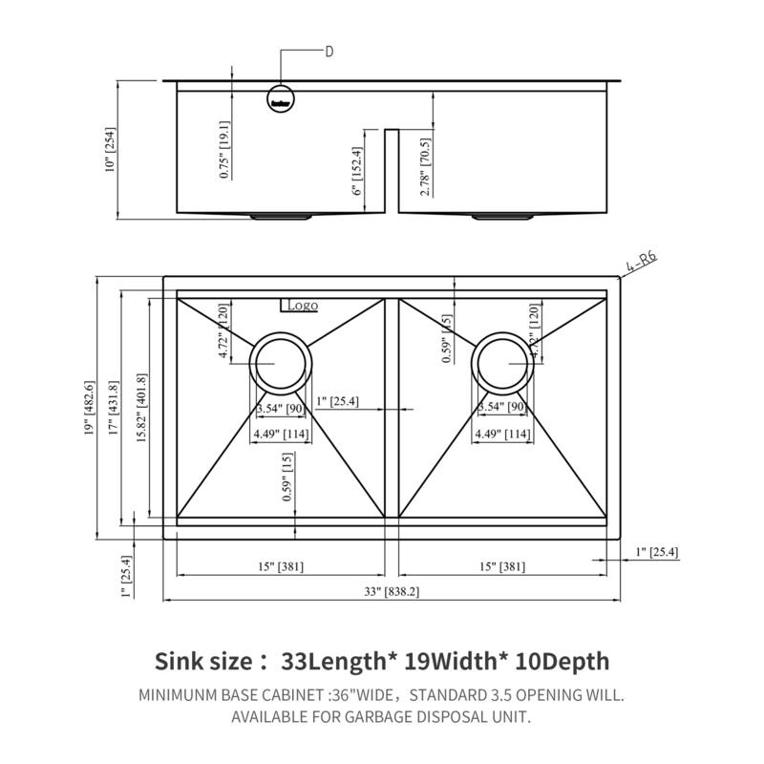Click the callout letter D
pyautogui.click(x=329, y=51)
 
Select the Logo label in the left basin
pyautogui.click(x=300, y=306)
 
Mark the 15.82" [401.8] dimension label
pyautogui.click(x=142, y=405)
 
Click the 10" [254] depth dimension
pyautogui.click(x=111, y=150)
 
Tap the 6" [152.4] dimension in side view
pyautogui.click(x=358, y=170)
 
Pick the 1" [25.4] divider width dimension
pyautogui.click(x=337, y=401)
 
